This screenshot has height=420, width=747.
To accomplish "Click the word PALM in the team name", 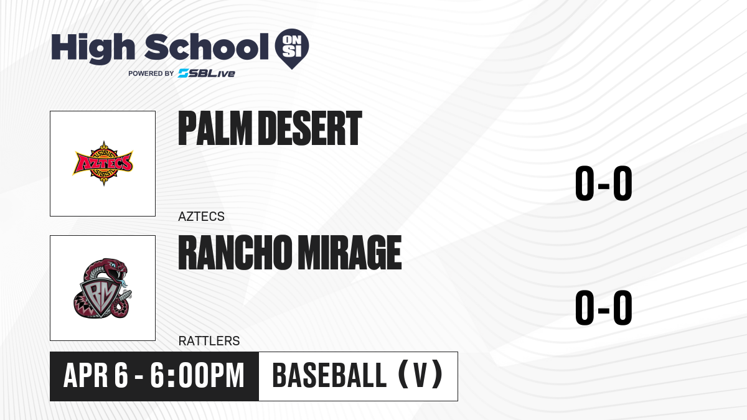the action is [x=215, y=128].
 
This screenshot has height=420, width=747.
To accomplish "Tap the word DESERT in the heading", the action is [x=311, y=128].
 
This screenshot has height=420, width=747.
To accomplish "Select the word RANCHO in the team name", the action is [x=235, y=253].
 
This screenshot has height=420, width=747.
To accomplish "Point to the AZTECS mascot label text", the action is [x=202, y=217].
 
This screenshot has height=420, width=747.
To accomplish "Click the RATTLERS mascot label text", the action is [x=209, y=341].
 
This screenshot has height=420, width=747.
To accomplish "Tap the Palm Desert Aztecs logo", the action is [x=103, y=163].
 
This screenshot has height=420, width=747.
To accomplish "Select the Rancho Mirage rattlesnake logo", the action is [x=103, y=288].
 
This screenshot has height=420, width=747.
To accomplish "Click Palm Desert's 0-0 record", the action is [x=604, y=184].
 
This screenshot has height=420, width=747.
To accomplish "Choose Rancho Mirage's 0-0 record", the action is [x=604, y=307].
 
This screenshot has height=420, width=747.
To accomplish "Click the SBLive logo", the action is [x=207, y=73].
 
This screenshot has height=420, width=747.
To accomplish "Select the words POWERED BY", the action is [x=151, y=73].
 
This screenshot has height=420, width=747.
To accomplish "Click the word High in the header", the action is [x=93, y=49].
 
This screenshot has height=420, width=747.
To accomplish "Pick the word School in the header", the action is [x=207, y=47].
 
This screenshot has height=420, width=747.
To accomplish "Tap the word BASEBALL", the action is [x=329, y=375].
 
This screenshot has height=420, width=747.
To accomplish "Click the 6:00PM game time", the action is [x=197, y=375].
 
